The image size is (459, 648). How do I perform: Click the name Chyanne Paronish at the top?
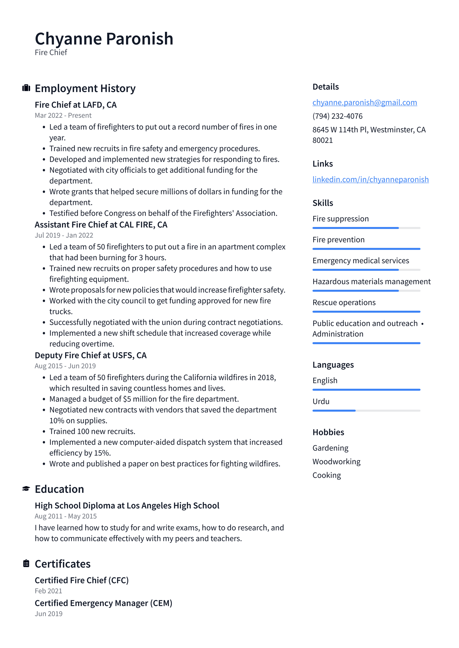[104, 39]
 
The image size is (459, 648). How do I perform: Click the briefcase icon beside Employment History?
[26, 88]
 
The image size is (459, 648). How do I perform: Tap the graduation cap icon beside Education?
[26, 488]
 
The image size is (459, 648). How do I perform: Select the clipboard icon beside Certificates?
[26, 563]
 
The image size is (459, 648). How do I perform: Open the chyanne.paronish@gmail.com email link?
[364, 102]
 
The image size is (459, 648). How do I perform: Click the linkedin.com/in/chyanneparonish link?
[370, 179]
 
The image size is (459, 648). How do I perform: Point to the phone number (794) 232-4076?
[337, 116]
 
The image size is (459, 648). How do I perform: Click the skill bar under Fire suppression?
[366, 228]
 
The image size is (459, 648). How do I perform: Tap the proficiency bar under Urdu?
[366, 410]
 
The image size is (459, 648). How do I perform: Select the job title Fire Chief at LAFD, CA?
[76, 105]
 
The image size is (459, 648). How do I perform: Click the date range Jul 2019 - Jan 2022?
[64, 235]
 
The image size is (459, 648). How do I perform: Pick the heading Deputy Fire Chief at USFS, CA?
[91, 355]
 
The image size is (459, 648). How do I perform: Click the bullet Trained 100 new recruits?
[92, 431]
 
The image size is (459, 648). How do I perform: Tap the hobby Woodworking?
[336, 461]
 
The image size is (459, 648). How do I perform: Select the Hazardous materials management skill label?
[371, 281]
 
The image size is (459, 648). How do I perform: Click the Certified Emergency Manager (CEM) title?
[103, 603]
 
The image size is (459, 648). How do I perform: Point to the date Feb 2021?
[48, 591]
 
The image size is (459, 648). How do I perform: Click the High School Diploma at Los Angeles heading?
[127, 506]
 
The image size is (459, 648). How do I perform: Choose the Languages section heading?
[333, 365]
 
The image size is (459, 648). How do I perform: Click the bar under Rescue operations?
[366, 312]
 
